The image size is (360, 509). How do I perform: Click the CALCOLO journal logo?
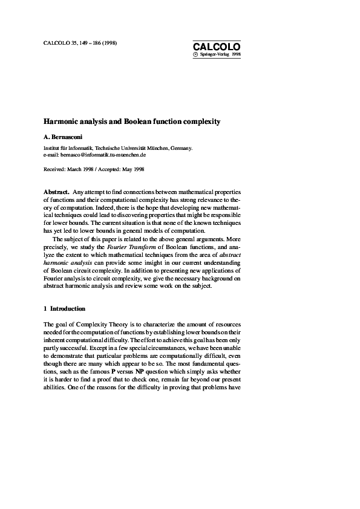pyautogui.click(x=217, y=47)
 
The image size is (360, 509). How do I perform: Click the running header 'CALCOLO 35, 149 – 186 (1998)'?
pyautogui.click(x=80, y=44)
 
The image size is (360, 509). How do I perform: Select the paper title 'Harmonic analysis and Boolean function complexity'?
pyautogui.click(x=132, y=122)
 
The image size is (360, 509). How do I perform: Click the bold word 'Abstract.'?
pyautogui.click(x=57, y=192)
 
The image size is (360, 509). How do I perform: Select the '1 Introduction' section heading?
pyautogui.click(x=65, y=309)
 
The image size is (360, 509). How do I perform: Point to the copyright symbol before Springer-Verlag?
pyautogui.click(x=195, y=54)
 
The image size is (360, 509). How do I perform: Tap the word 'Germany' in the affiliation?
pyautogui.click(x=181, y=148)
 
